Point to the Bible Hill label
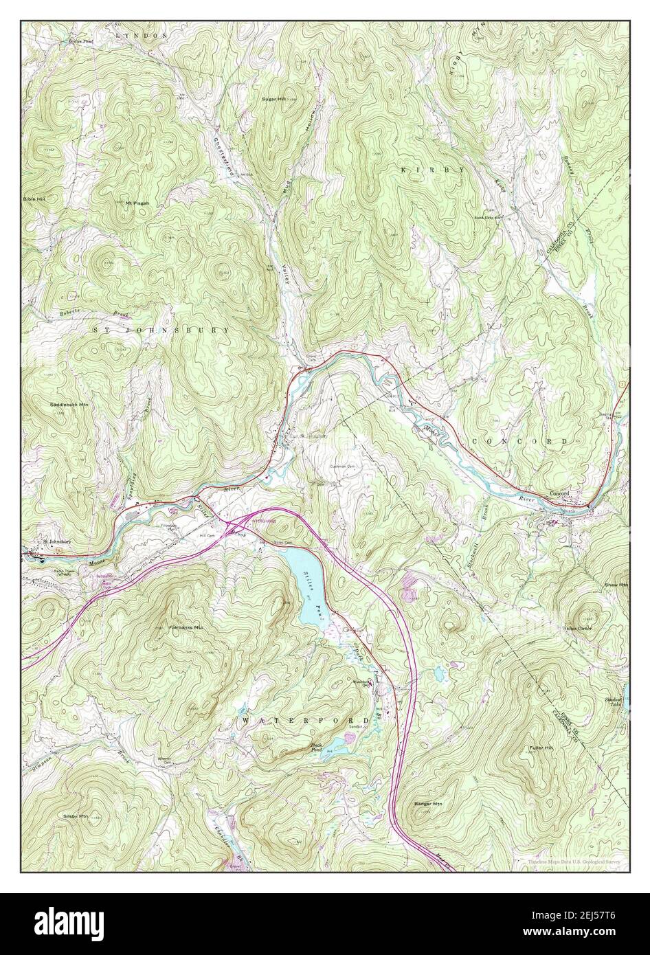coord(33,198)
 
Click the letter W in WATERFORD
coord(245,719)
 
